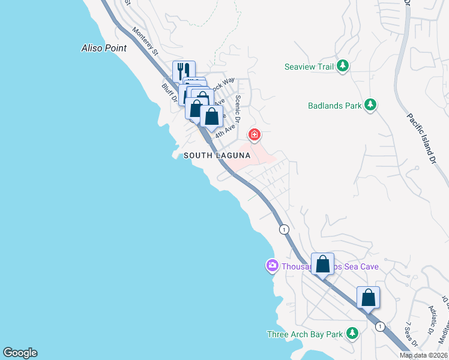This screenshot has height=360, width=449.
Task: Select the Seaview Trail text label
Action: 309,67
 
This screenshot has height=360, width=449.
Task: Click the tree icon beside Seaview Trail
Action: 343,66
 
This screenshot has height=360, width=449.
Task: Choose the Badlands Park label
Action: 334,106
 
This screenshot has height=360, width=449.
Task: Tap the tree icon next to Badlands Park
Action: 371,106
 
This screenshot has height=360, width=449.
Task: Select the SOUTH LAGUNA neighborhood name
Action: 217,155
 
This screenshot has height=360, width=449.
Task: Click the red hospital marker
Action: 255,134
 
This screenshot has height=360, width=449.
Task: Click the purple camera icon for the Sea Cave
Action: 272,265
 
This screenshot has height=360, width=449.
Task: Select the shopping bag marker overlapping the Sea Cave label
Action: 323,264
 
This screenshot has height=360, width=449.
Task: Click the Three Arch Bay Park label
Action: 304,334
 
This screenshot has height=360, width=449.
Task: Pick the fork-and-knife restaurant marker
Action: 184,71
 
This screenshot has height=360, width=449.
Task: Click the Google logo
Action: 20,353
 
